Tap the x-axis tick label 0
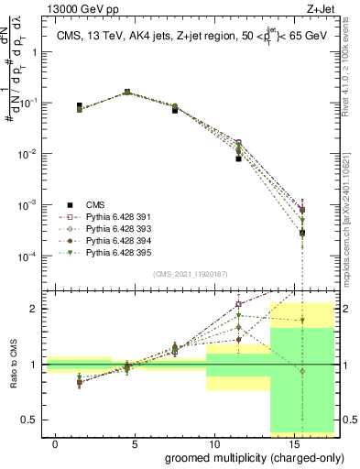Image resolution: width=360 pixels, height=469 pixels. [56, 444]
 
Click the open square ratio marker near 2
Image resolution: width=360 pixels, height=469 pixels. [238, 304]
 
